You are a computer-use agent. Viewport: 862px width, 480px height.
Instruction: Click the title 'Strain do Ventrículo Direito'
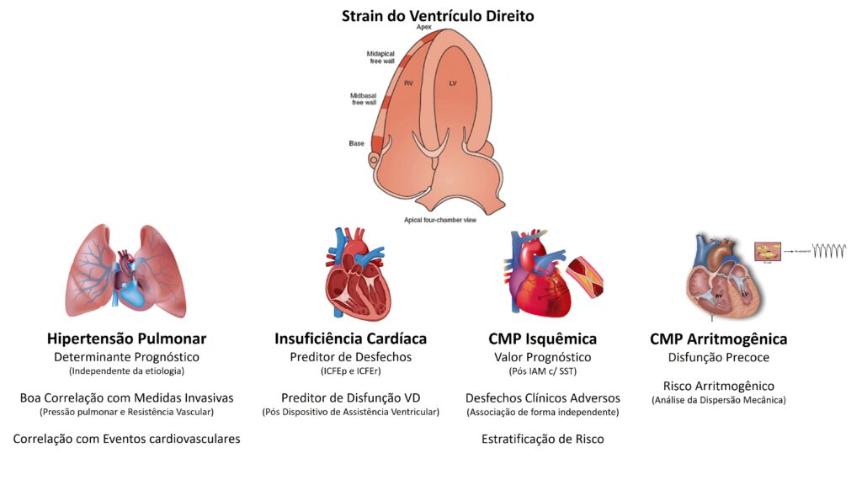437,16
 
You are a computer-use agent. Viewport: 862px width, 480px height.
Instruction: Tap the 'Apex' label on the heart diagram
424,28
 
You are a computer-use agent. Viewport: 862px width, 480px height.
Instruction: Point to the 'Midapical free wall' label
380,57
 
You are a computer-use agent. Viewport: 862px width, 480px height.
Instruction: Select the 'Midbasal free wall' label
364,99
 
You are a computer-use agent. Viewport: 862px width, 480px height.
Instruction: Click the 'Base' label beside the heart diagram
356,143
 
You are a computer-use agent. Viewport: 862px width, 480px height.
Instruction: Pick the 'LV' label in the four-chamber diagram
453,83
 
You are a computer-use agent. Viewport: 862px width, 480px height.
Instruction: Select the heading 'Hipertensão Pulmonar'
126,339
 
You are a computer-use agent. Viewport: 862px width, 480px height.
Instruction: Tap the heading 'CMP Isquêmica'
542,339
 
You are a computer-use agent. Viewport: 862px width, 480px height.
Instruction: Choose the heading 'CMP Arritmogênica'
718,339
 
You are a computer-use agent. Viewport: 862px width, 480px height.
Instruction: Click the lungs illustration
125,271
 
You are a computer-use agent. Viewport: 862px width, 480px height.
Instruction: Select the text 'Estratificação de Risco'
542,439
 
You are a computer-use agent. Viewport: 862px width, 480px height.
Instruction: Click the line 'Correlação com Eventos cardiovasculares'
126,439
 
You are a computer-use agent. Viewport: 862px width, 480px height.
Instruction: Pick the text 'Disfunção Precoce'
718,358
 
